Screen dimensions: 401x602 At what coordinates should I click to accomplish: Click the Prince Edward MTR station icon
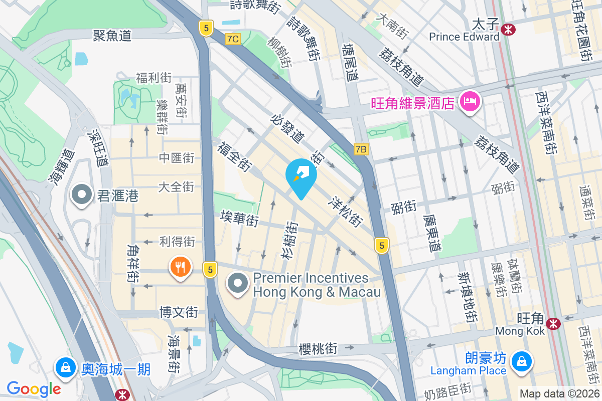coord(508,29)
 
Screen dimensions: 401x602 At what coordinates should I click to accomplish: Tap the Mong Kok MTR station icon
coord(554,324)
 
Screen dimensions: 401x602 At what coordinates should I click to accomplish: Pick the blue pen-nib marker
coord(301,176)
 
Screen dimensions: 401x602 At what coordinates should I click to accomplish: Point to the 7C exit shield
coord(232,39)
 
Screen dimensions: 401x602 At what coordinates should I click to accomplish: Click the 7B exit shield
coord(361,149)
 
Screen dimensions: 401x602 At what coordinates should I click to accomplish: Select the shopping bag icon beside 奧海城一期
coord(66,367)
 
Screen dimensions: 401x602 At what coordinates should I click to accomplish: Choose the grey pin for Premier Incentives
coord(238,283)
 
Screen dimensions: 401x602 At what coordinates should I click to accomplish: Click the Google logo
coord(34,388)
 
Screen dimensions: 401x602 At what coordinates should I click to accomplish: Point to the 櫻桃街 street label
coord(318,348)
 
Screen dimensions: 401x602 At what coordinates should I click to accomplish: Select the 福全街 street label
coord(234,155)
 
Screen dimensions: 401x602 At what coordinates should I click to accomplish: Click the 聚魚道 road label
coord(112,35)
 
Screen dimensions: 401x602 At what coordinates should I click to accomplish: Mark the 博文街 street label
coord(179,312)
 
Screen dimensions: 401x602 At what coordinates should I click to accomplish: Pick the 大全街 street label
coord(176,187)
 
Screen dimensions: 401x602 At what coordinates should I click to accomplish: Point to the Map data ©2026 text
coord(559,393)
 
